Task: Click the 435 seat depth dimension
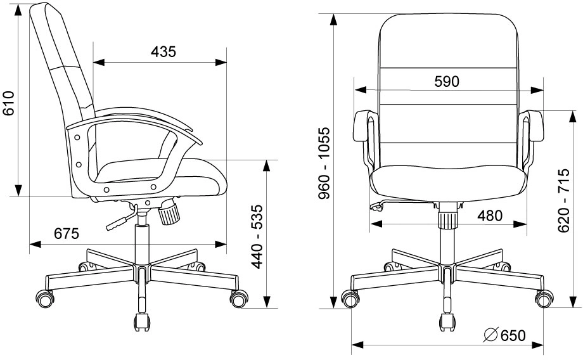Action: click(163, 52)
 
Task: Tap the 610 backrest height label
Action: click(8, 103)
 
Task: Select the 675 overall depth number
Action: click(67, 233)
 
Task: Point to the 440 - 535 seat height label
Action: click(257, 236)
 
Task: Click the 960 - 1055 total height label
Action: click(324, 164)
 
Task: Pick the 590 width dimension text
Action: click(447, 82)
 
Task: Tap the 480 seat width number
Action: click(490, 215)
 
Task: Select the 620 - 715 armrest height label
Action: click(563, 200)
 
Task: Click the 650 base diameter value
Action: click(513, 335)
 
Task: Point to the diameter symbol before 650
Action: click(490, 335)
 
